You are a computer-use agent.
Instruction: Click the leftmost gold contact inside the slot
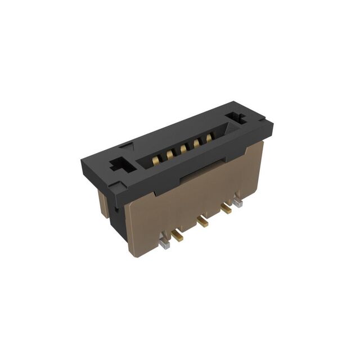click(x=155, y=161)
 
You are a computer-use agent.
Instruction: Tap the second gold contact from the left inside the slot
click(x=169, y=155)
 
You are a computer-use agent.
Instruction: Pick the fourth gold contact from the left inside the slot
click(x=196, y=143)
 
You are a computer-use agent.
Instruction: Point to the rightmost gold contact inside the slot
click(x=209, y=137)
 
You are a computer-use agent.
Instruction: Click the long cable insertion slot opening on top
click(x=180, y=147)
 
